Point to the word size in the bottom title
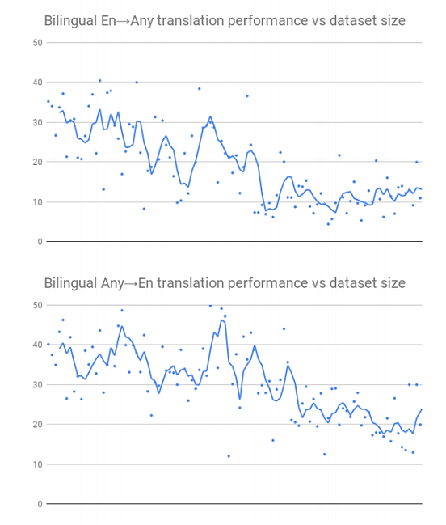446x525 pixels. pos(391,283)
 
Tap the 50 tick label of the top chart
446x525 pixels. pos(37,42)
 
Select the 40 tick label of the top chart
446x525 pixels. pos(37,82)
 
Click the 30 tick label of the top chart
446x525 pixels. pos(37,122)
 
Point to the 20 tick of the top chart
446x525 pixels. pos(37,162)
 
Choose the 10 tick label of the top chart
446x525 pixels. pos(37,201)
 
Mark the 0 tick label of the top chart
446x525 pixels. pos(40,242)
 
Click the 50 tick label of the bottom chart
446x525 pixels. pos(37,305)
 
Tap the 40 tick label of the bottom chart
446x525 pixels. pos(37,345)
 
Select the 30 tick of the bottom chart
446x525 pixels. pos(37,384)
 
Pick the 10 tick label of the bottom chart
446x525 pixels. pos(37,464)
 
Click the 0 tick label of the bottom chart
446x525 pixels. pos(40,504)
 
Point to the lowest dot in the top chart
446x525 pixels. pos(328,224)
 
